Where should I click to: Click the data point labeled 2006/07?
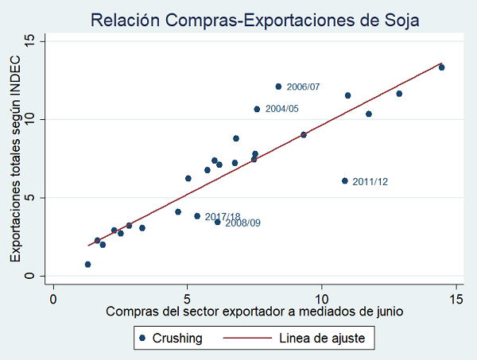click(278, 87)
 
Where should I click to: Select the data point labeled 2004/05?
click(257, 109)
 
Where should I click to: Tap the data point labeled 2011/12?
click(344, 181)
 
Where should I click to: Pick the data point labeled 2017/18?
click(197, 216)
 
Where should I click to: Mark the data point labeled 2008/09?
click(218, 222)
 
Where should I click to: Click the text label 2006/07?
click(304, 87)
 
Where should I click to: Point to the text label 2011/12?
click(370, 182)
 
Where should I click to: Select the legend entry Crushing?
click(178, 339)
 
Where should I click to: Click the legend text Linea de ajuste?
click(322, 339)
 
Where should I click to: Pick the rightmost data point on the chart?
click(441, 68)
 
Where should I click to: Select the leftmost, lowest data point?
click(87, 265)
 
